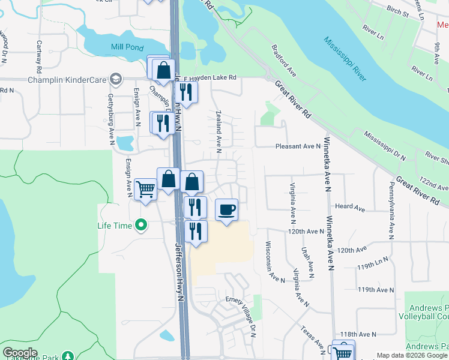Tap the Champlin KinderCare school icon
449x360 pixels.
(x=115, y=79)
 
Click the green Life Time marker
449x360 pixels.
(x=141, y=226)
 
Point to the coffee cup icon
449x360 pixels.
(x=226, y=210)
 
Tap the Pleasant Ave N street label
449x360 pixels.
(x=298, y=146)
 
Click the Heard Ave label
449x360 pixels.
(x=351, y=208)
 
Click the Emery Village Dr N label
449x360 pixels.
(x=240, y=311)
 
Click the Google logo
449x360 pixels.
(x=20, y=353)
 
